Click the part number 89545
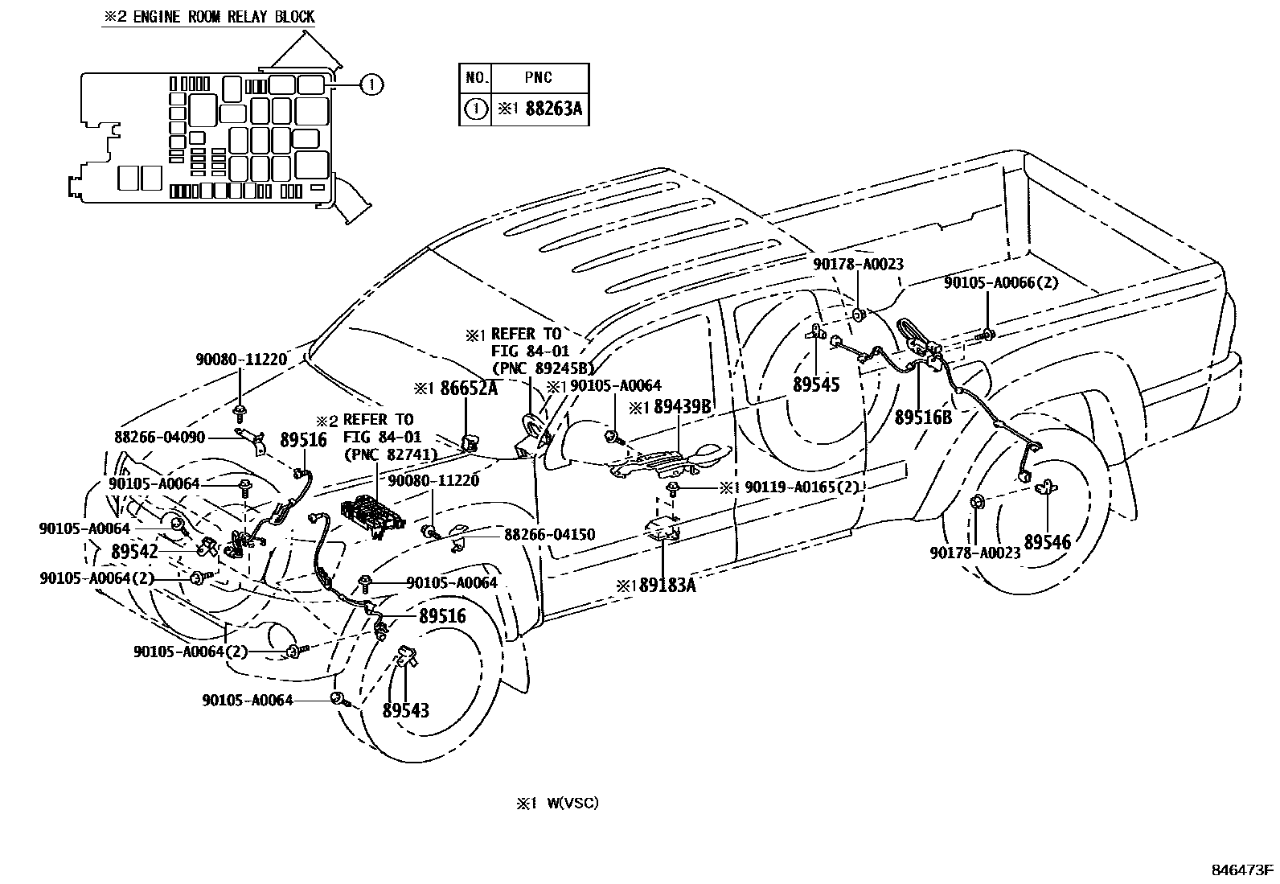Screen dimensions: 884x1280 pos(815,384)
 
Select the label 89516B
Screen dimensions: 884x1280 pos(923,417)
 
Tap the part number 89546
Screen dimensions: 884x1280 pos(1047,542)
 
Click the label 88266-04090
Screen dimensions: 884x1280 pos(160,438)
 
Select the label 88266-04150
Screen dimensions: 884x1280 pos(550,535)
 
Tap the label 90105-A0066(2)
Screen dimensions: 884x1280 pos(1001,282)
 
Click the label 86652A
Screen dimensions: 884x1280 pos(469,389)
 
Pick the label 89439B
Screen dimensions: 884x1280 pos(682,408)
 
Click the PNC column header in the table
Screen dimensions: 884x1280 pos(538,78)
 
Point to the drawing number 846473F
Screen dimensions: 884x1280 pos(1243,870)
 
